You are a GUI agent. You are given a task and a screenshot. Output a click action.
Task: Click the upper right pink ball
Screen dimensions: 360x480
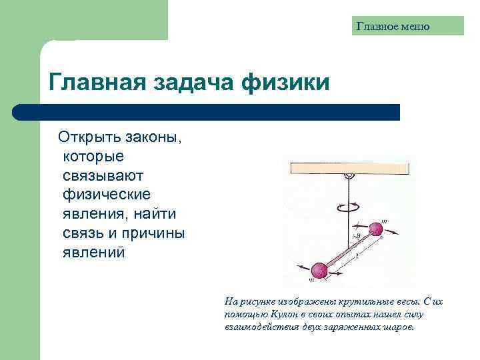coord(375,229)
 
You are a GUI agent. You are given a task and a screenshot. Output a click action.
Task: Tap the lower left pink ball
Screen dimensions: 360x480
coord(320,270)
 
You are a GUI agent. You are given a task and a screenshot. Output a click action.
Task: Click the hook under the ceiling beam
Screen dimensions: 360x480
coord(347,177)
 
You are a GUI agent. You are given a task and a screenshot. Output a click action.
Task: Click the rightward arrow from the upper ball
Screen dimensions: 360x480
coord(393,233)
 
